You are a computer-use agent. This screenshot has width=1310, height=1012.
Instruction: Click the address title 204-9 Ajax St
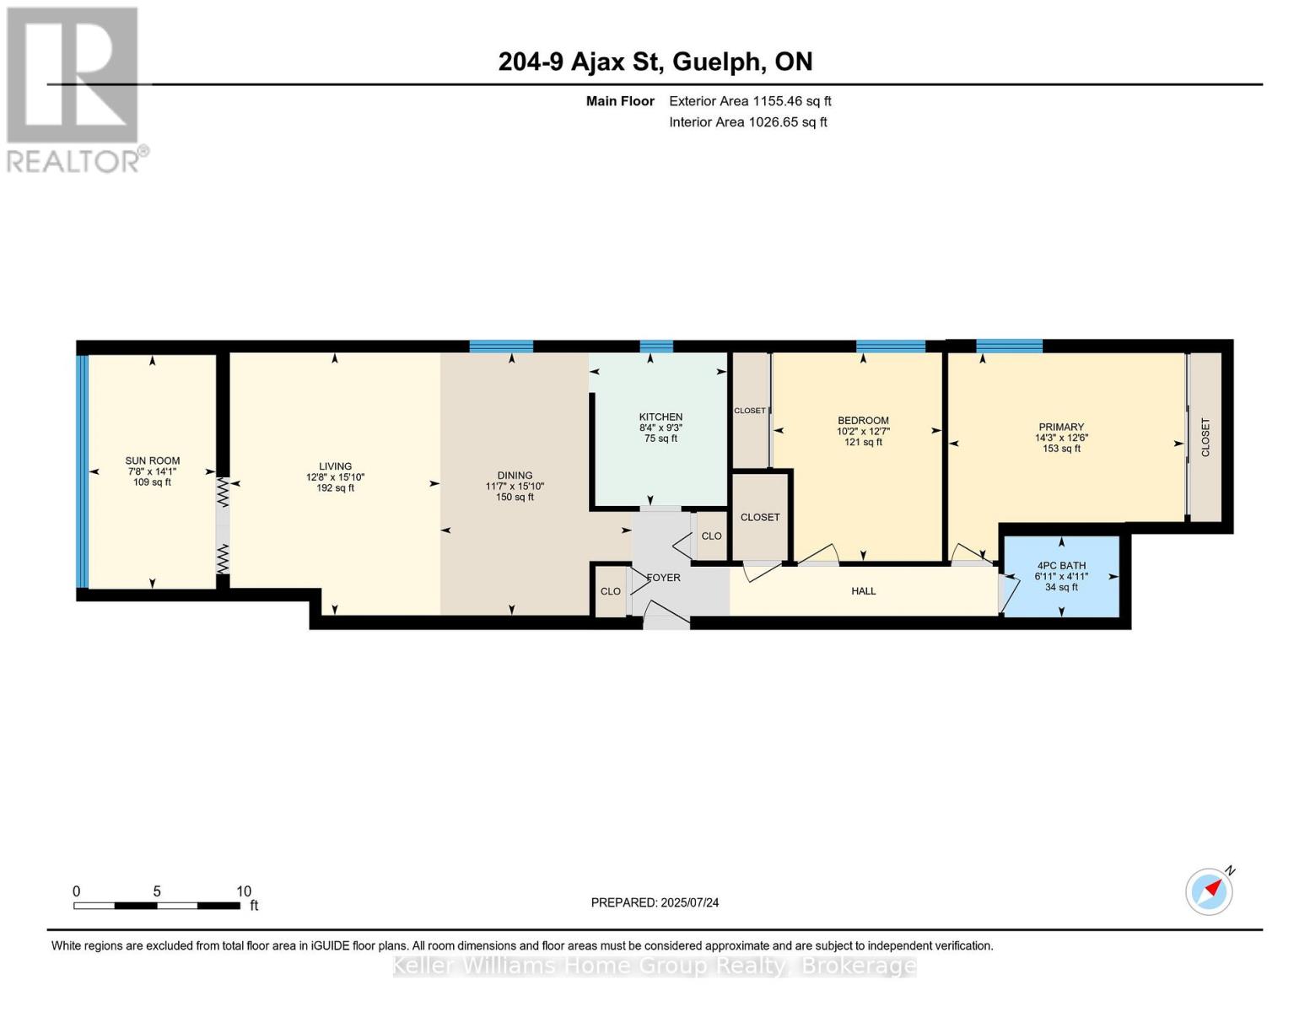[655, 62]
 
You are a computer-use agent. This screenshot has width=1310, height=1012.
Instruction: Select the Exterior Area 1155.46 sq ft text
[750, 101]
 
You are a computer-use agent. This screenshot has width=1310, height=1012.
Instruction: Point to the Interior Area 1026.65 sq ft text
[747, 122]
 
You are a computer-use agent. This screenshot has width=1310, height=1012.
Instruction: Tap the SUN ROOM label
[152, 460]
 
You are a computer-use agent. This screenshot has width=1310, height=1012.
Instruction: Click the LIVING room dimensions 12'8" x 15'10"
[335, 477]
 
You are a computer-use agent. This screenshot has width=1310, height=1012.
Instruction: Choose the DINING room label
[515, 476]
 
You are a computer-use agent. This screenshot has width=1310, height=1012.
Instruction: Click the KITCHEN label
[660, 417]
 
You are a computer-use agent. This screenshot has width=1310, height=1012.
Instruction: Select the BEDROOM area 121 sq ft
[863, 442]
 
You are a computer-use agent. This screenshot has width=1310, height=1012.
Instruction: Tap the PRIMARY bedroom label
[1061, 428]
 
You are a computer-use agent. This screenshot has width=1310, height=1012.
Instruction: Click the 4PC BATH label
[1061, 566]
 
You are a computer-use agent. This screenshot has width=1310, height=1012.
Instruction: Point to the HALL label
[863, 591]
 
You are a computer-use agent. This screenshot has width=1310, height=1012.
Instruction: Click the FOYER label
[663, 578]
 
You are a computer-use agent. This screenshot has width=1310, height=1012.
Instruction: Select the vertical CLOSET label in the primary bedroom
[1205, 438]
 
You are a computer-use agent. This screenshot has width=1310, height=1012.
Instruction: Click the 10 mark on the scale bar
[244, 891]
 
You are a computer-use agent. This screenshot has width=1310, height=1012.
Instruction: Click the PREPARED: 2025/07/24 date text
[655, 903]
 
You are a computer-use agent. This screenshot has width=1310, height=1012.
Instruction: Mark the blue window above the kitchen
[656, 346]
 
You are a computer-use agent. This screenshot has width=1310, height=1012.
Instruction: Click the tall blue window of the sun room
[82, 471]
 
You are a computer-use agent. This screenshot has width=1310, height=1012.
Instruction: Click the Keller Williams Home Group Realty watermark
[655, 966]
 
